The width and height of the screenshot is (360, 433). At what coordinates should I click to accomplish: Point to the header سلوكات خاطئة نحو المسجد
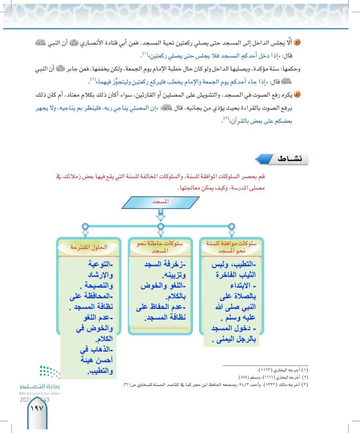click(x=161, y=247)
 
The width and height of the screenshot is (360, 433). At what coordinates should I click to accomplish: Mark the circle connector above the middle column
click(x=161, y=226)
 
